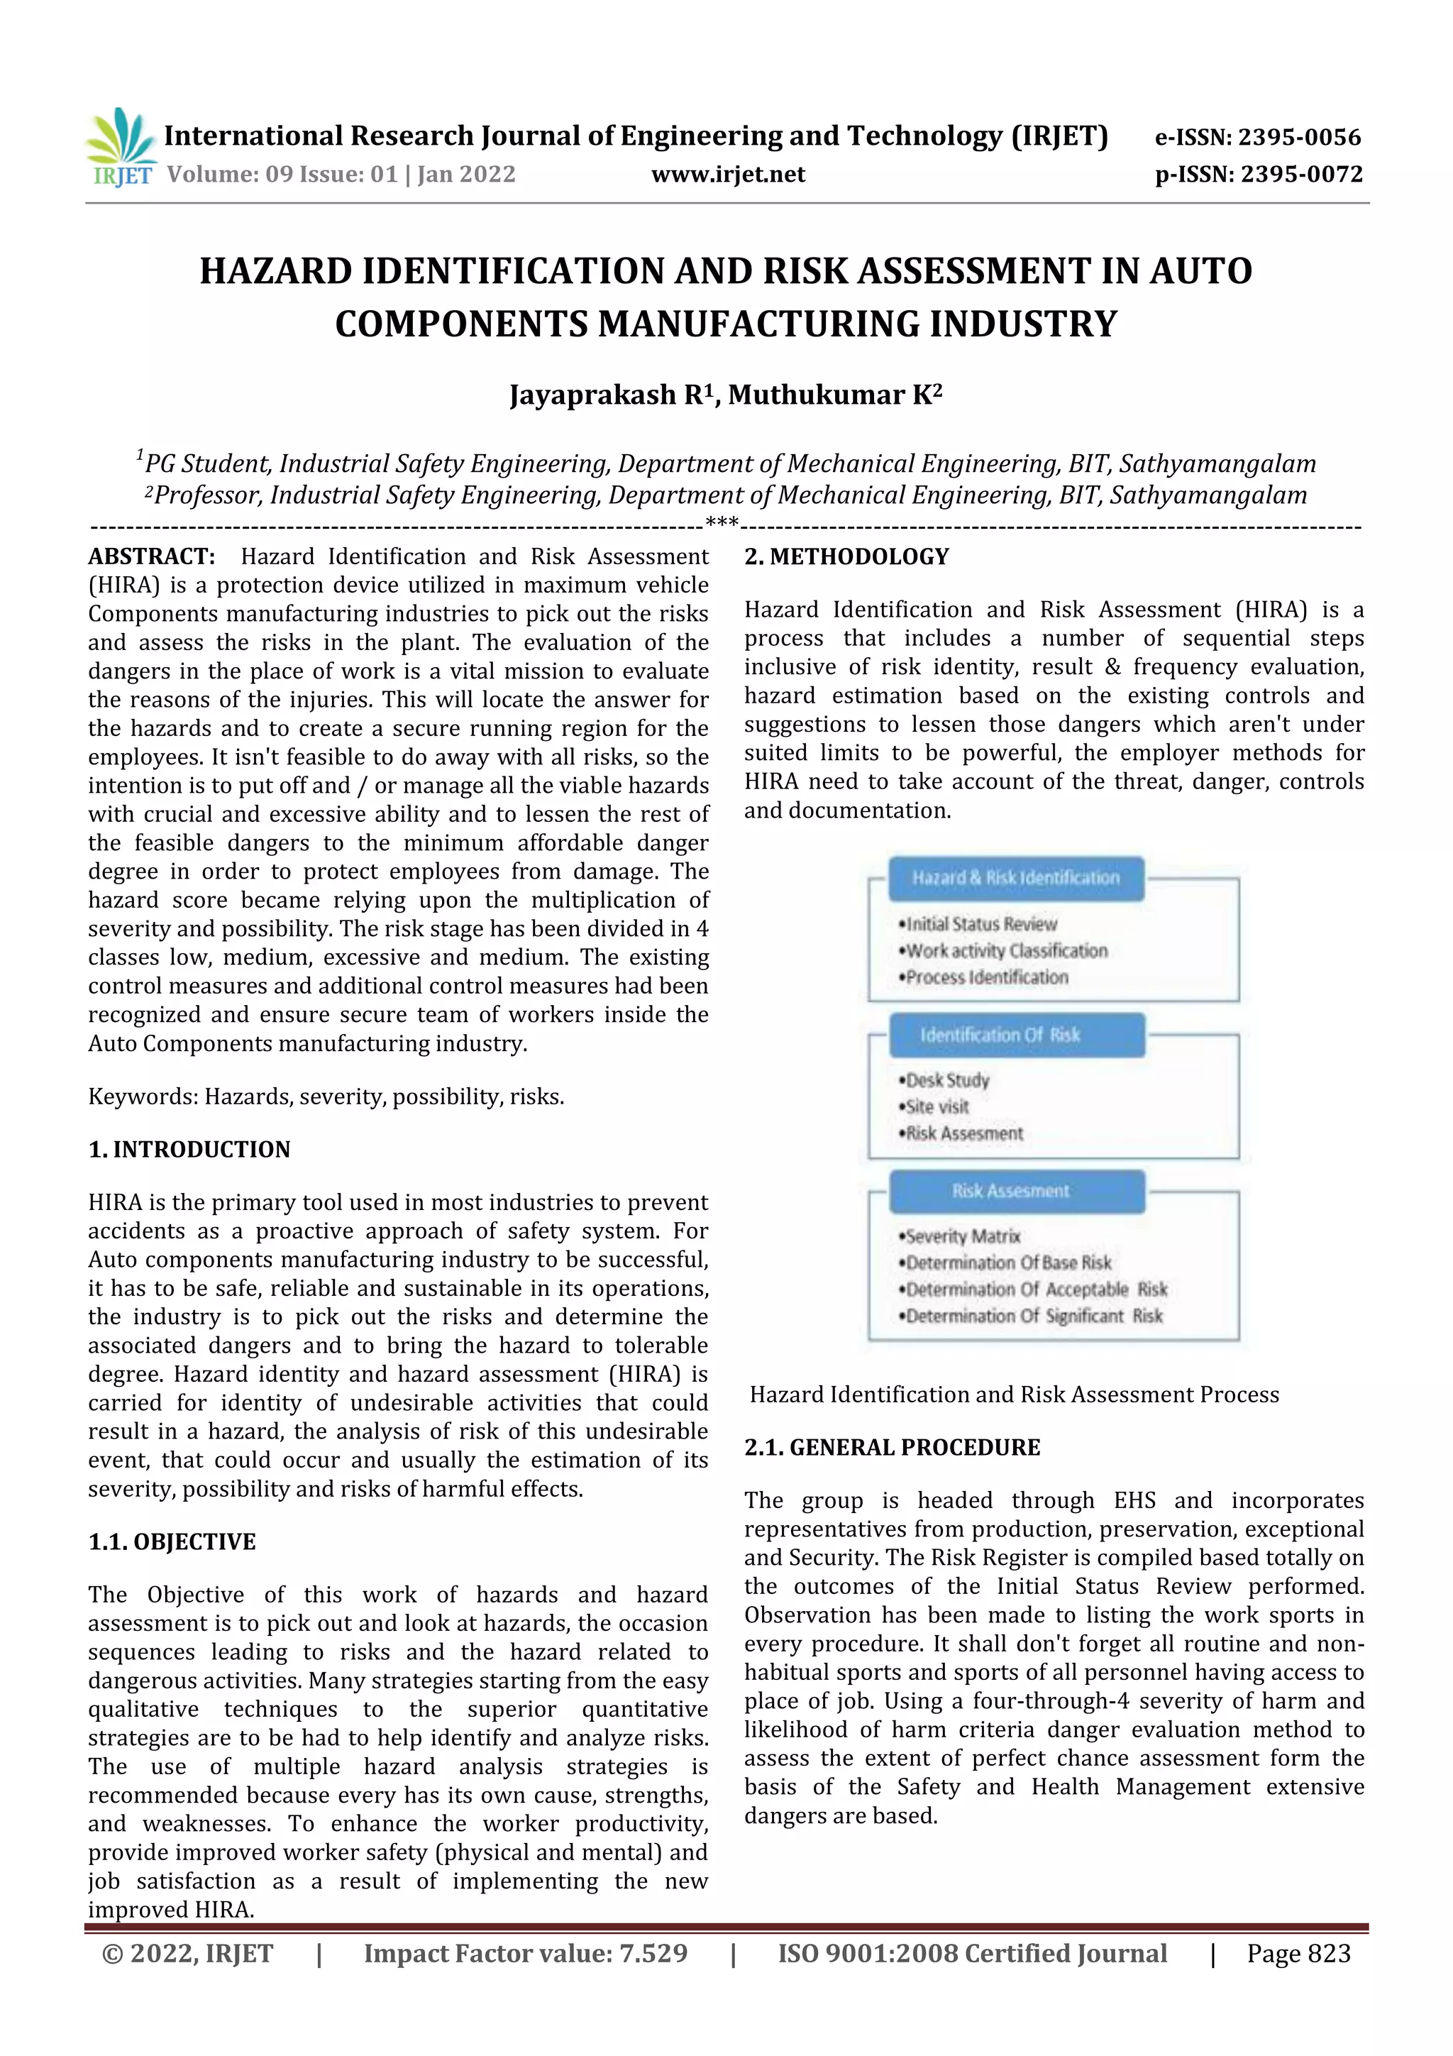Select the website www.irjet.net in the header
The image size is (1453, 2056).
pyautogui.click(x=728, y=174)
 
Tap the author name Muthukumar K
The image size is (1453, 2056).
pyautogui.click(x=834, y=395)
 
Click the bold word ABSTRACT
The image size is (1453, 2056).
pyautogui.click(x=151, y=556)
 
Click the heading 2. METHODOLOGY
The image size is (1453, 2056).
pyautogui.click(x=846, y=556)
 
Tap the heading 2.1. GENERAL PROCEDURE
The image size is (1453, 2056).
pyautogui.click(x=892, y=1447)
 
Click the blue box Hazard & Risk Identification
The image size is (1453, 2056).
pyautogui.click(x=1015, y=878)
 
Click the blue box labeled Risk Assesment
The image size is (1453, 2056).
pyautogui.click(x=1015, y=1191)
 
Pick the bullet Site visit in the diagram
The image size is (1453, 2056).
pyautogui.click(x=937, y=1107)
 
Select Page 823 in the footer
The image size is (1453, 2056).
pyautogui.click(x=1298, y=1953)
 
